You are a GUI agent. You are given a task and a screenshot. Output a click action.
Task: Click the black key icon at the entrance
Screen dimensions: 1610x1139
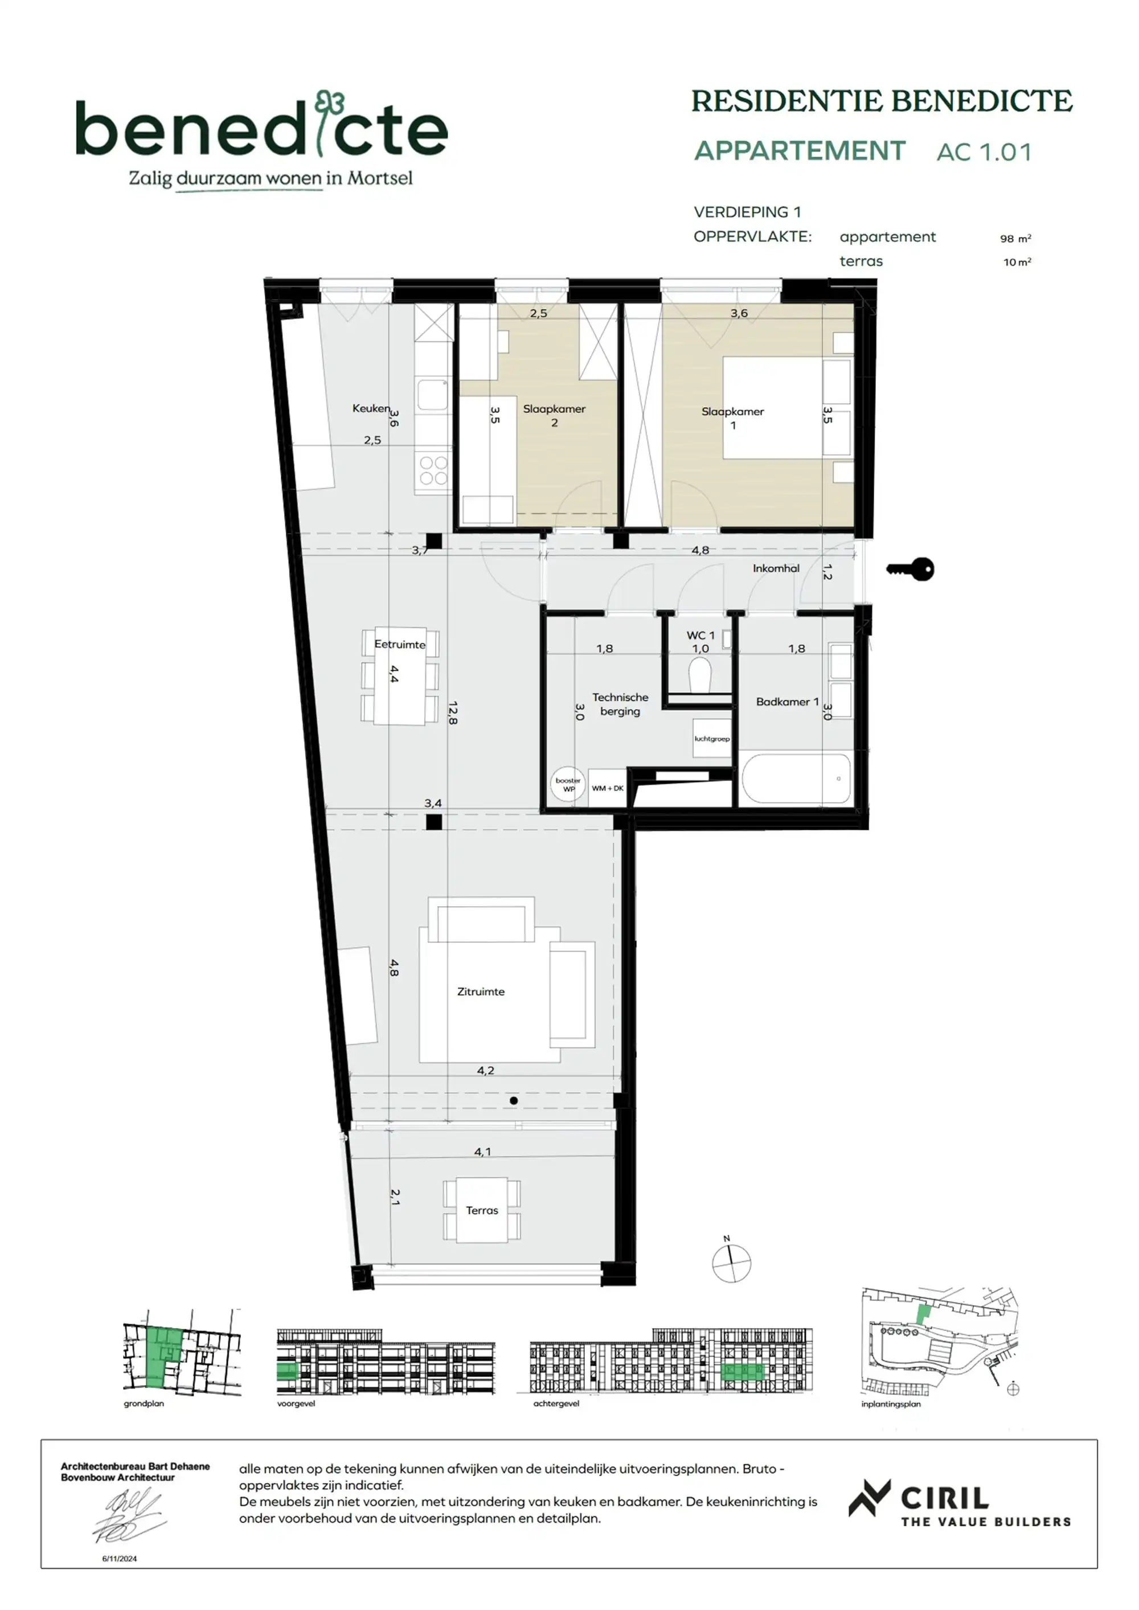click(x=911, y=569)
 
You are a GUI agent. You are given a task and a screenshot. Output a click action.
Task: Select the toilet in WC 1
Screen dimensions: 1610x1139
click(x=700, y=677)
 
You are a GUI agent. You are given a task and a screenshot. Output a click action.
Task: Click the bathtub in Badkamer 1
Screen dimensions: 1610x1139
click(x=797, y=777)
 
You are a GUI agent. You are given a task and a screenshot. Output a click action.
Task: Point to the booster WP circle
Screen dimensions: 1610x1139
click(x=568, y=785)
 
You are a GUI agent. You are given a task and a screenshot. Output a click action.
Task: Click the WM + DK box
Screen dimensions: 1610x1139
click(x=608, y=788)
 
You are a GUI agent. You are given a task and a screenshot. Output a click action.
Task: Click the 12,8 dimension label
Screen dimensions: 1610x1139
click(x=452, y=712)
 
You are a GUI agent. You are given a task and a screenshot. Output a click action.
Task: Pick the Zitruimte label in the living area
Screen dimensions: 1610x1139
click(x=481, y=992)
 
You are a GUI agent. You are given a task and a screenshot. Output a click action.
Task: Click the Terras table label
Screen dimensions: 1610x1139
click(x=482, y=1210)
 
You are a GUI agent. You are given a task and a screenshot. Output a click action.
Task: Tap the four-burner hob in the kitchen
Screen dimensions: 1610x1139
click(x=433, y=470)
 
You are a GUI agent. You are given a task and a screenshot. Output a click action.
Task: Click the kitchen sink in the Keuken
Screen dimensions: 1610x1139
click(x=432, y=395)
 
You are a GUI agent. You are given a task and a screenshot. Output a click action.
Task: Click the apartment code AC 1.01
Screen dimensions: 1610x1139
click(x=984, y=152)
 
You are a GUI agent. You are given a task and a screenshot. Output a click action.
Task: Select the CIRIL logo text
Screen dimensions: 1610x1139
click(x=944, y=1498)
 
